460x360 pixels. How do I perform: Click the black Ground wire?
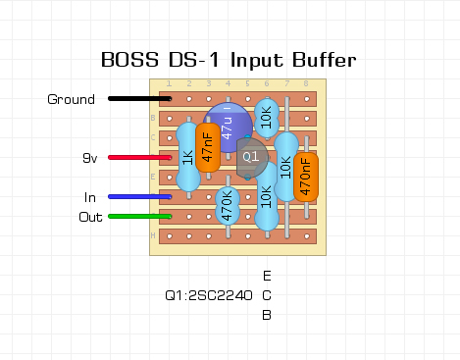coord(139,98)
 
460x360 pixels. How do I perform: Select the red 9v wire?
coord(139,158)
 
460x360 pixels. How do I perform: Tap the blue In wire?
coord(139,197)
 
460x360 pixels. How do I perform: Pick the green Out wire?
coord(139,217)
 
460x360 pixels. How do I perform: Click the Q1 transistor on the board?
coord(251,157)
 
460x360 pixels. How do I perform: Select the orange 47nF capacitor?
coord(208,147)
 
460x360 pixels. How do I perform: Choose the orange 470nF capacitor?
coord(306,177)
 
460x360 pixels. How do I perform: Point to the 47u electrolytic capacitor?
coord(228,128)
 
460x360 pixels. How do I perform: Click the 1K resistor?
coord(188,157)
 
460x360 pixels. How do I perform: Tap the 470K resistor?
coord(228,206)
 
